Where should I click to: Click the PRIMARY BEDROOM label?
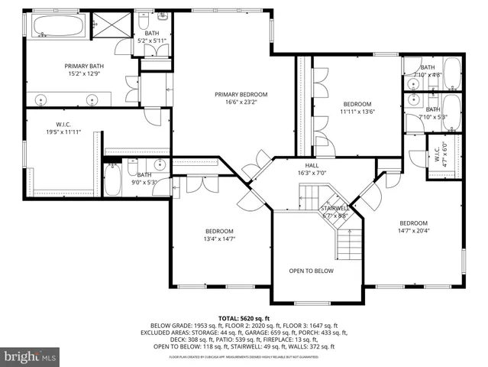[241, 93]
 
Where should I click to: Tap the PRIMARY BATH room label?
[83, 67]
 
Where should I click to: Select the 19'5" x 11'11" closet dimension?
[63, 132]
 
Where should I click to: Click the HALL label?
[312, 166]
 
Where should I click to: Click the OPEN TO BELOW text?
[311, 270]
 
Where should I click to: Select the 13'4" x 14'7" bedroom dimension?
[219, 239]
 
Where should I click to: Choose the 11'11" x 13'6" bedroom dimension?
[357, 112]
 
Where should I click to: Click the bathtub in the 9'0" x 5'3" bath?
[112, 180]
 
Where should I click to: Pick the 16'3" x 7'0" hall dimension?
[312, 174]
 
